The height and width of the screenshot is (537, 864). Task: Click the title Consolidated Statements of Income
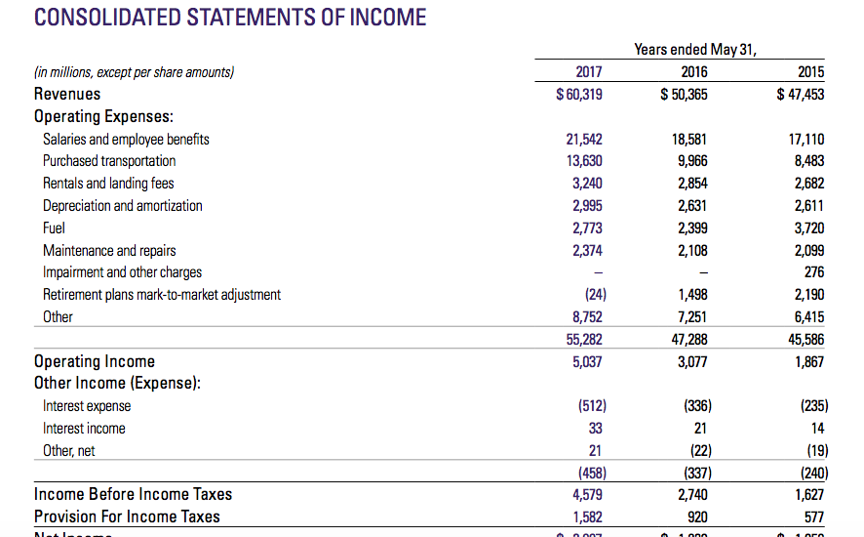tap(230, 17)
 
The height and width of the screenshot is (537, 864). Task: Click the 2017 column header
tap(589, 71)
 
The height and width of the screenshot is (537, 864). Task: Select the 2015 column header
tap(810, 71)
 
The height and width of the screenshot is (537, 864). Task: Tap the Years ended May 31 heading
tap(695, 49)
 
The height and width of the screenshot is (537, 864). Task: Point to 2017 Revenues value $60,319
tap(578, 94)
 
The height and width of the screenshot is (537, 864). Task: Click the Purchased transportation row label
tap(109, 161)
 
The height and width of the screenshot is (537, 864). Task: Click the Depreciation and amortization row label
tap(123, 205)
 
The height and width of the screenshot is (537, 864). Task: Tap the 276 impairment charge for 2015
tap(814, 272)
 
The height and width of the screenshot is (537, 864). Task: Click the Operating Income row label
tap(95, 361)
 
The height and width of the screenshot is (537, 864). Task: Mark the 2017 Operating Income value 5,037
tap(588, 361)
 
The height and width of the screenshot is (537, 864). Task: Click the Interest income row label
tap(84, 428)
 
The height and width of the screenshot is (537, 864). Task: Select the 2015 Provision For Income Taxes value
tap(813, 516)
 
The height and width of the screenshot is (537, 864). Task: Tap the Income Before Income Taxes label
tap(133, 494)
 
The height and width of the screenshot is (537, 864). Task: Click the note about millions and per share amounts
tap(135, 71)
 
